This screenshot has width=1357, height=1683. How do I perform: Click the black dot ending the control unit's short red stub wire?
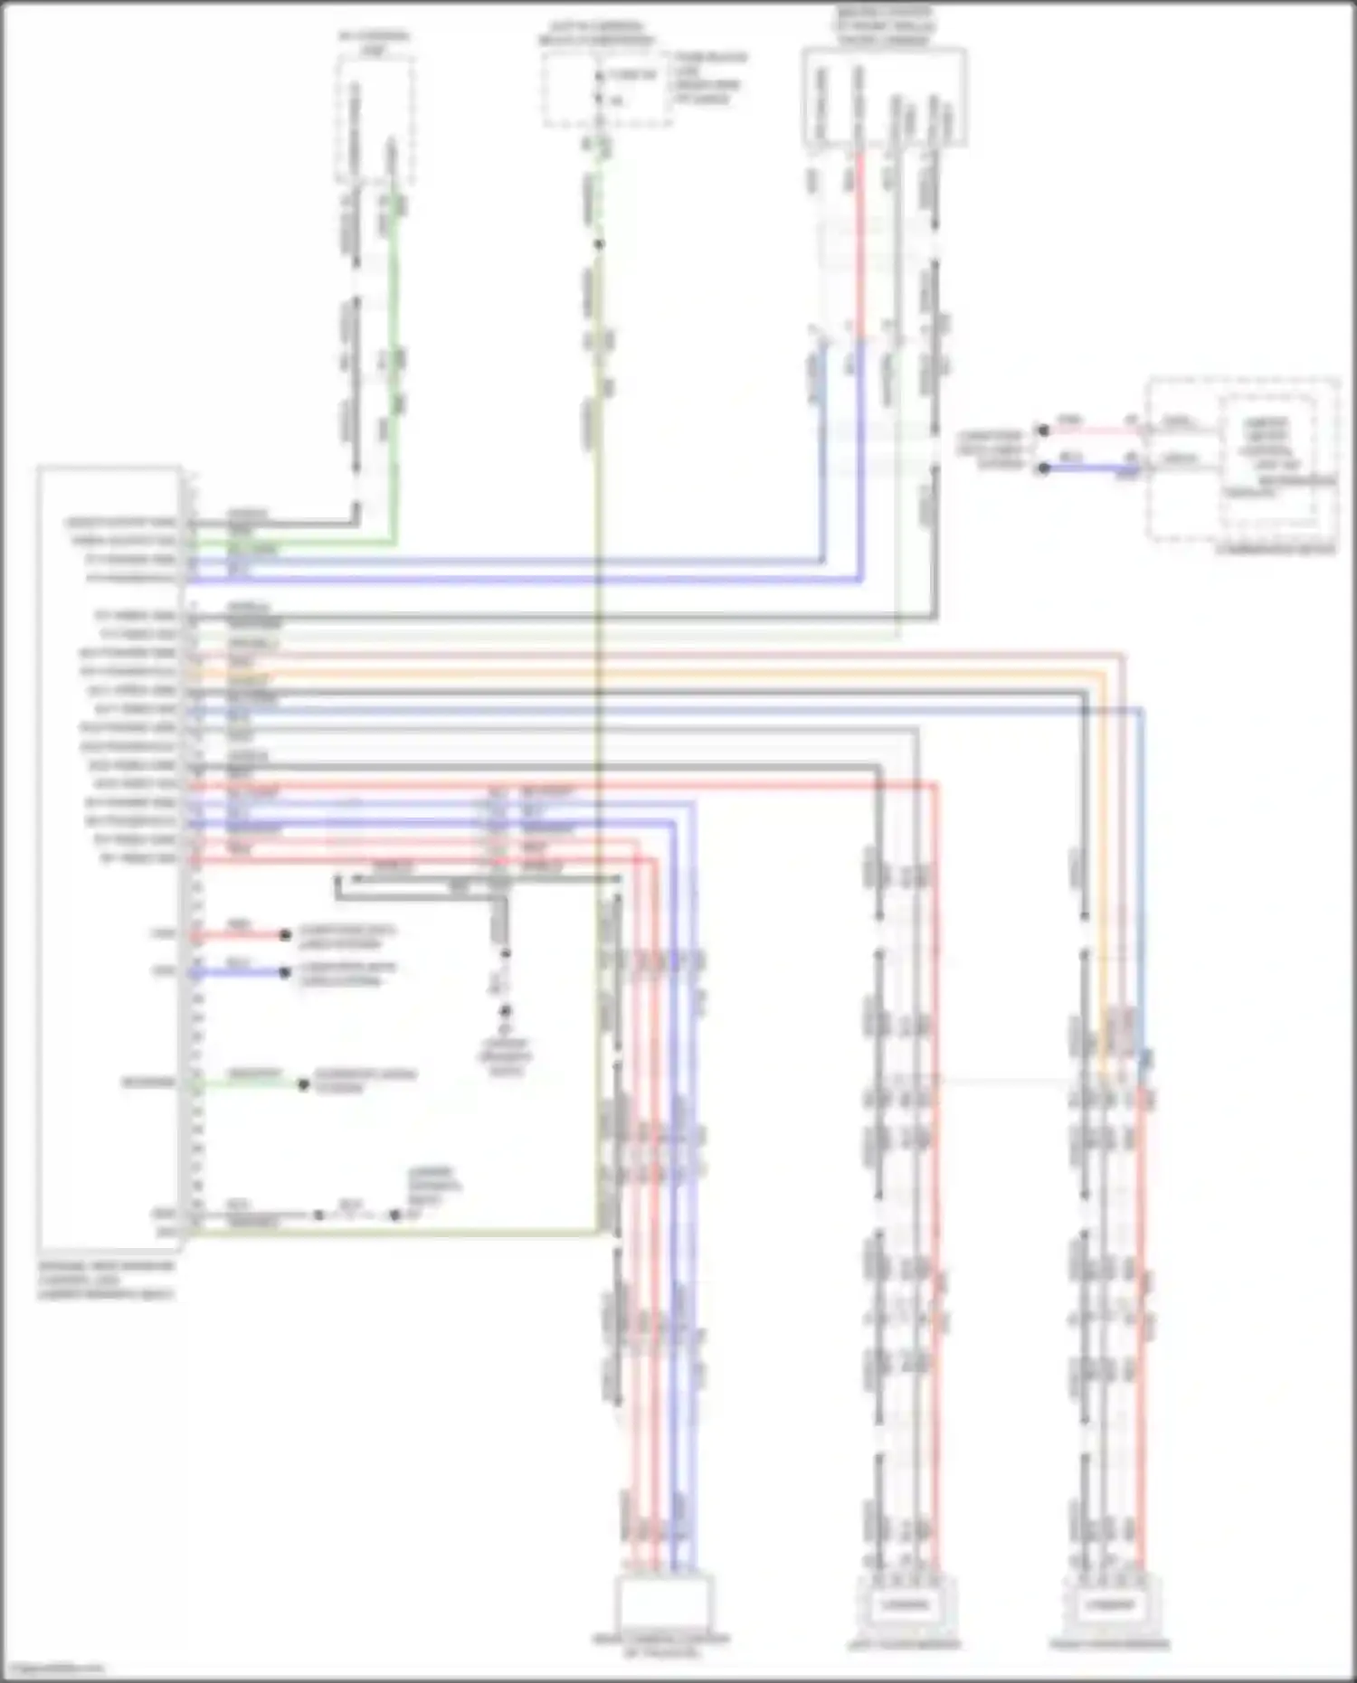(285, 934)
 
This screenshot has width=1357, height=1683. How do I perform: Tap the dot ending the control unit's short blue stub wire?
(285, 972)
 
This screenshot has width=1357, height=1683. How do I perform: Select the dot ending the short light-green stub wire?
(305, 1083)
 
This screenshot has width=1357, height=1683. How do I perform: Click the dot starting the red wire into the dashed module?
(1043, 431)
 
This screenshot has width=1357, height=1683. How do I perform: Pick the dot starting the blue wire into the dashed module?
(1043, 468)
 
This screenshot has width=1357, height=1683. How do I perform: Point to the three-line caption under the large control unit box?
(107, 1281)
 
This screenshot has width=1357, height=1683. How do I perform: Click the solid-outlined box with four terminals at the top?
(884, 97)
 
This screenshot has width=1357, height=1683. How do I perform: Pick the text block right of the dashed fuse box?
(711, 78)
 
